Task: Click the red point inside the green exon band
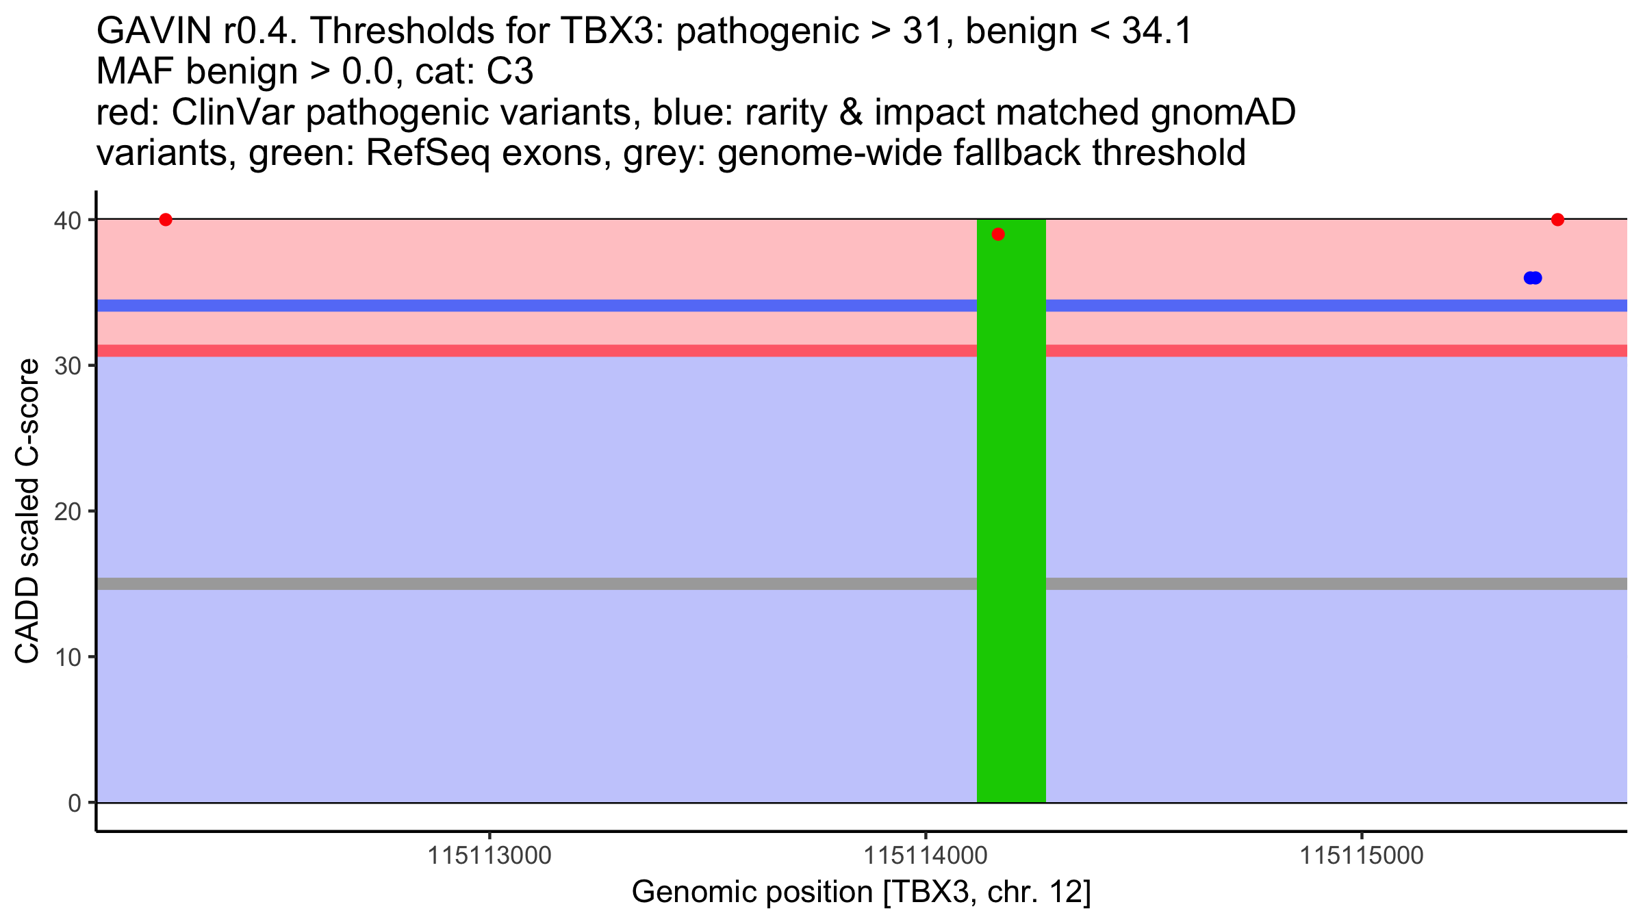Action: click(x=998, y=235)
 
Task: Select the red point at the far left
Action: click(x=166, y=220)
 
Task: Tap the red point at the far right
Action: click(x=1557, y=220)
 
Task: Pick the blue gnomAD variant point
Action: click(x=1533, y=278)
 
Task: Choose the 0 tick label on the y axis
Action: click(x=74, y=804)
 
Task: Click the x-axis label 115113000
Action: click(x=489, y=856)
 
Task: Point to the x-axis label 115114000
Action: click(x=926, y=856)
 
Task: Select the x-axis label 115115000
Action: click(x=1362, y=856)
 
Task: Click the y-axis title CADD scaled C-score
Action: click(x=27, y=512)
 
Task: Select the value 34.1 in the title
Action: click(x=1157, y=31)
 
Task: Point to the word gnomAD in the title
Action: click(x=1223, y=113)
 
